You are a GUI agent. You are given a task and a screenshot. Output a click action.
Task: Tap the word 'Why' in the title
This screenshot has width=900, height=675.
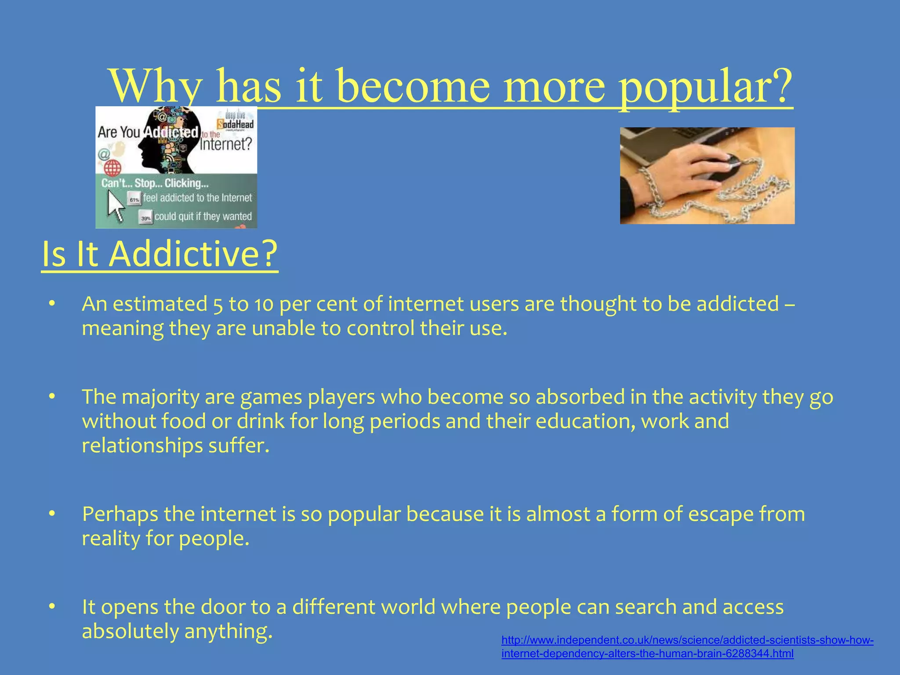pyautogui.click(x=156, y=86)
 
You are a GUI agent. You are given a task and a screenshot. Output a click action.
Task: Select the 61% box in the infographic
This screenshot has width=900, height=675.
pyautogui.click(x=134, y=200)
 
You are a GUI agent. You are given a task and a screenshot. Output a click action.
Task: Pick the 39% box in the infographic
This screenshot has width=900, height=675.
pyautogui.click(x=146, y=218)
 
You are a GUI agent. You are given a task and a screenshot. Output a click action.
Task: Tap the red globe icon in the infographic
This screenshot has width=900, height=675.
pyautogui.click(x=112, y=167)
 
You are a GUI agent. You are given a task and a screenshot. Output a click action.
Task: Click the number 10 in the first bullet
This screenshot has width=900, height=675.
pyautogui.click(x=264, y=304)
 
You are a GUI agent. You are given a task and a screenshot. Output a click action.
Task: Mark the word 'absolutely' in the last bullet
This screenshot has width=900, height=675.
pyautogui.click(x=131, y=631)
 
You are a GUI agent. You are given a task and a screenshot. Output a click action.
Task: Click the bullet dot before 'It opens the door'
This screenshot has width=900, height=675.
pyautogui.click(x=52, y=607)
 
